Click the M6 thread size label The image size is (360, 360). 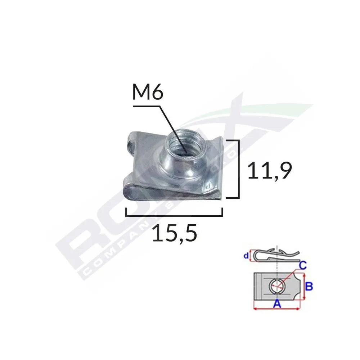click(x=148, y=94)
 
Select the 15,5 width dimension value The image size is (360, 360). click(x=175, y=234)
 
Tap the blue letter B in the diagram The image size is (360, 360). click(x=309, y=287)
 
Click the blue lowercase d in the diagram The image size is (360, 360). click(x=246, y=256)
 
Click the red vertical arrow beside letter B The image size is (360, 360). click(x=305, y=287)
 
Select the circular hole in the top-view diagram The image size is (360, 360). click(x=276, y=287)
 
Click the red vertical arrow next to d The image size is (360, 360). click(x=251, y=256)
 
